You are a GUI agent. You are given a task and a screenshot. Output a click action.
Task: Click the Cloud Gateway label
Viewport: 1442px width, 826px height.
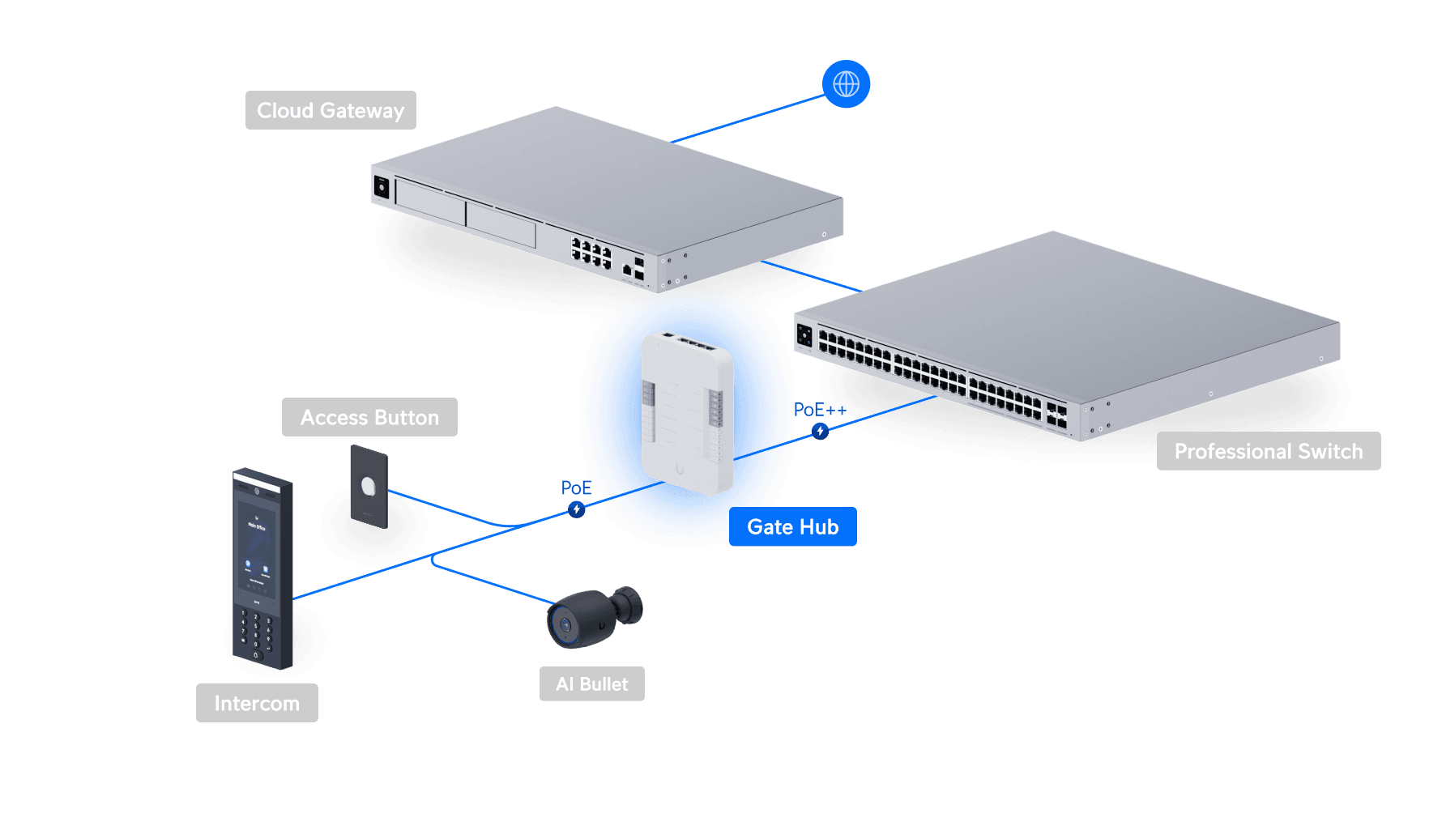[331, 110]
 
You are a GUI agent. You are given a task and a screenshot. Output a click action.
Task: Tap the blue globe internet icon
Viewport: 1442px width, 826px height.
[846, 84]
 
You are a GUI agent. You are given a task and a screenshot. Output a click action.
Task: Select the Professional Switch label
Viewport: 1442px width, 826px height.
[1268, 451]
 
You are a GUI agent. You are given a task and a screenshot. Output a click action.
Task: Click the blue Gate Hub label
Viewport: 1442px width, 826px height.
[792, 527]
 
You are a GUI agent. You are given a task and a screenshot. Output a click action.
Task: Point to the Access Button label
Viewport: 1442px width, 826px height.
[369, 417]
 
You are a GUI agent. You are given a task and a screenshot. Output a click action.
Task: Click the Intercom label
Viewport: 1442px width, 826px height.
[257, 703]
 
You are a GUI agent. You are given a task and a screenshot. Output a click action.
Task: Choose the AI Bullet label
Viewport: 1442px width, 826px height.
[591, 684]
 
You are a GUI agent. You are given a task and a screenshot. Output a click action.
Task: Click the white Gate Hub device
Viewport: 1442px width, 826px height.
[687, 413]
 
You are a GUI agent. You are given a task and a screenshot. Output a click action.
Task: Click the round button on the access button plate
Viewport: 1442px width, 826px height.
[369, 487]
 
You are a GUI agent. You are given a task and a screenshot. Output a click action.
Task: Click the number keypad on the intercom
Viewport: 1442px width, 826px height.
[256, 632]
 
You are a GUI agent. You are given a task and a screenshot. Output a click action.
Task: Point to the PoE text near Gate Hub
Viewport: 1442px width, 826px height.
[576, 488]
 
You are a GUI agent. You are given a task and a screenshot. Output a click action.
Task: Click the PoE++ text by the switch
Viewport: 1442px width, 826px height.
[818, 410]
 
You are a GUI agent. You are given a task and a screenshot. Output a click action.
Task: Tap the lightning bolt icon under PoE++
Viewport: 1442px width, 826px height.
[820, 432]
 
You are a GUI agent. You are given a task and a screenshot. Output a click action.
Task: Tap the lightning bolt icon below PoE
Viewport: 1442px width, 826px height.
[576, 509]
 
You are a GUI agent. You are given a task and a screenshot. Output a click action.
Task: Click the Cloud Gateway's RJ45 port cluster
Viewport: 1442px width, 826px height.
[591, 253]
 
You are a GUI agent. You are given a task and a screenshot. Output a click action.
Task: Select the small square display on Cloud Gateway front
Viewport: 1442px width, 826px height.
[382, 187]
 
